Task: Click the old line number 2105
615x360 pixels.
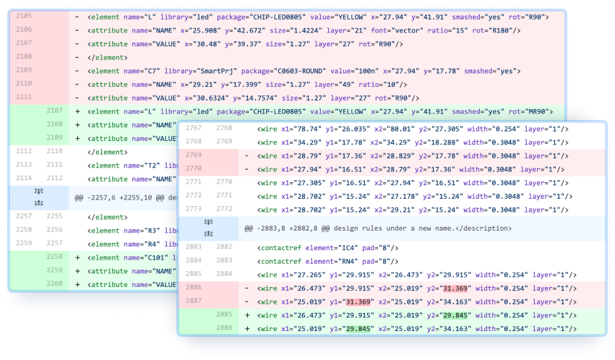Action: point(24,16)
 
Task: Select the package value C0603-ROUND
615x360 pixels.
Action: point(301,71)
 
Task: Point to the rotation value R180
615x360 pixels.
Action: point(502,30)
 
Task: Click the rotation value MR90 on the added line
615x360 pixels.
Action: point(535,111)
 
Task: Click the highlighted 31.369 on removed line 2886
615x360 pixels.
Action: point(455,288)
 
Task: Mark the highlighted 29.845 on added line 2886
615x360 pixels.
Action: point(358,329)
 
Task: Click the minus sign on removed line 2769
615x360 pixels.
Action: point(246,156)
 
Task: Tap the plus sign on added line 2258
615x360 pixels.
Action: point(77,257)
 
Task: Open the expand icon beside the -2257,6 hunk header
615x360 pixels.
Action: point(39,197)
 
